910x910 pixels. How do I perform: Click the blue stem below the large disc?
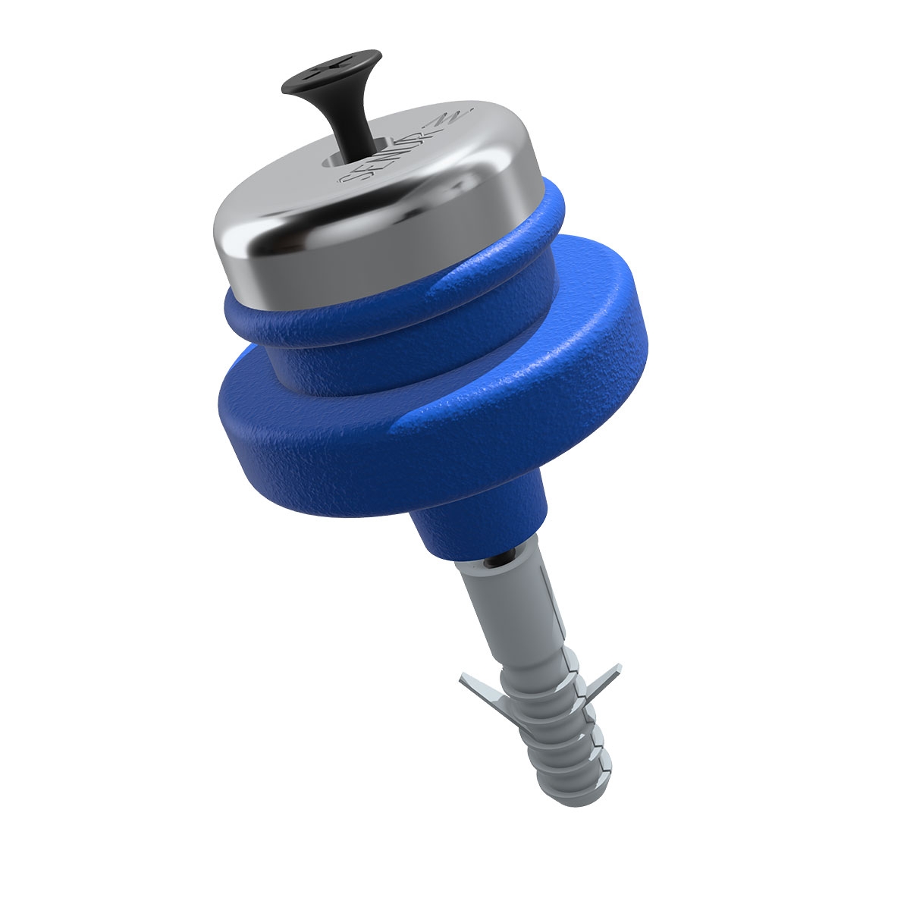[x=478, y=523]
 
